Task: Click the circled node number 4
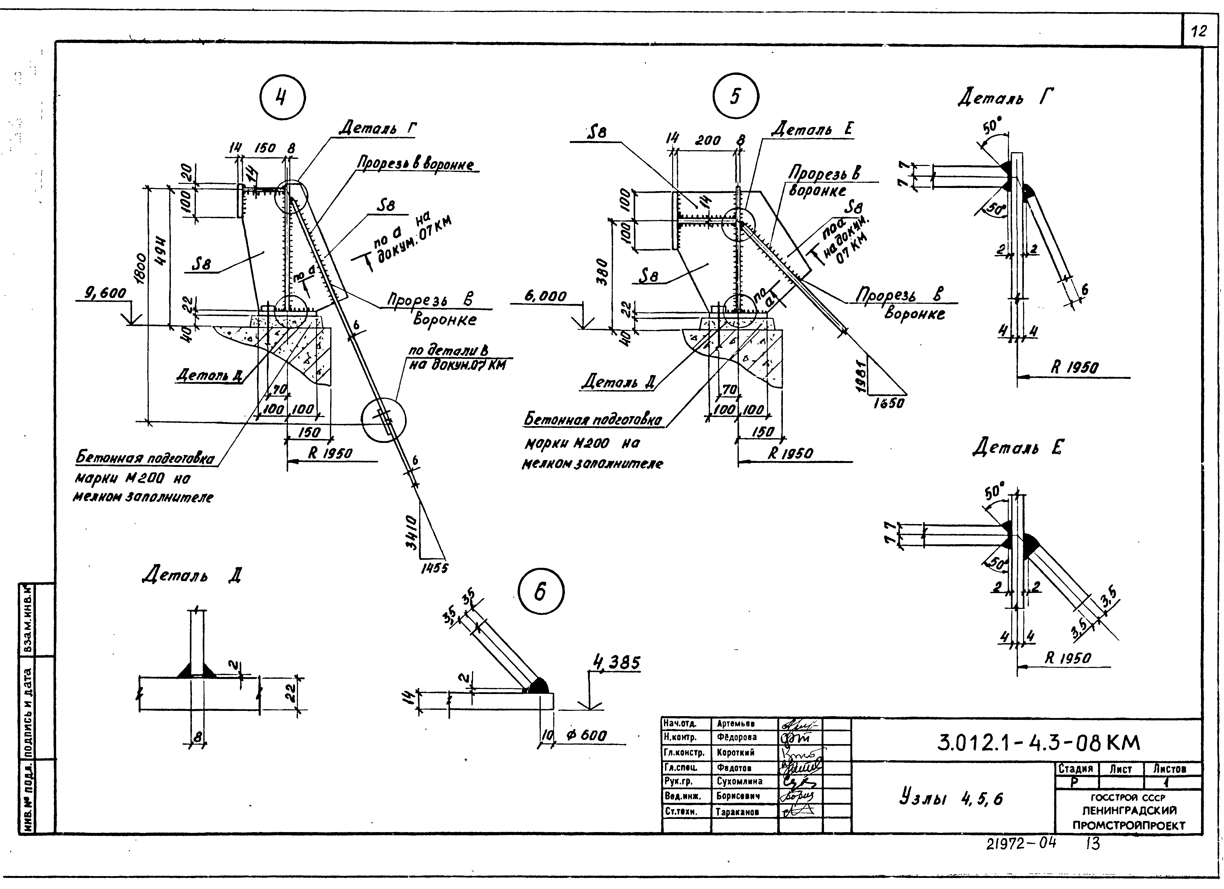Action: (282, 99)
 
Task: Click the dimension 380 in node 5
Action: (604, 272)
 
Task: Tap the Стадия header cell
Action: (1076, 769)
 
